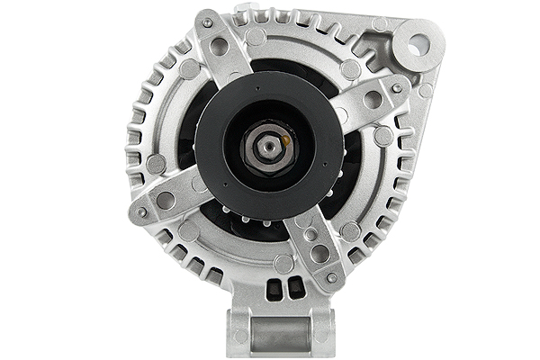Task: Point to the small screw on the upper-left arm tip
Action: click(208, 22)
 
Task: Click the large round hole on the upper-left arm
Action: click(220, 47)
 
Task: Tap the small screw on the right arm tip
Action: click(397, 86)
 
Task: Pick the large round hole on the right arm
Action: click(373, 99)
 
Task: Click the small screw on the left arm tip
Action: click(141, 212)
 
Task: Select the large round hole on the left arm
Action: click(166, 200)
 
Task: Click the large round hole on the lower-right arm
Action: click(319, 255)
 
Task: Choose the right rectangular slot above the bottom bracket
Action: click(292, 287)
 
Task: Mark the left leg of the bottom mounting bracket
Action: click(239, 333)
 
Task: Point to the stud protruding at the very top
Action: click(245, 11)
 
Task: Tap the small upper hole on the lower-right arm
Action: click(310, 234)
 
